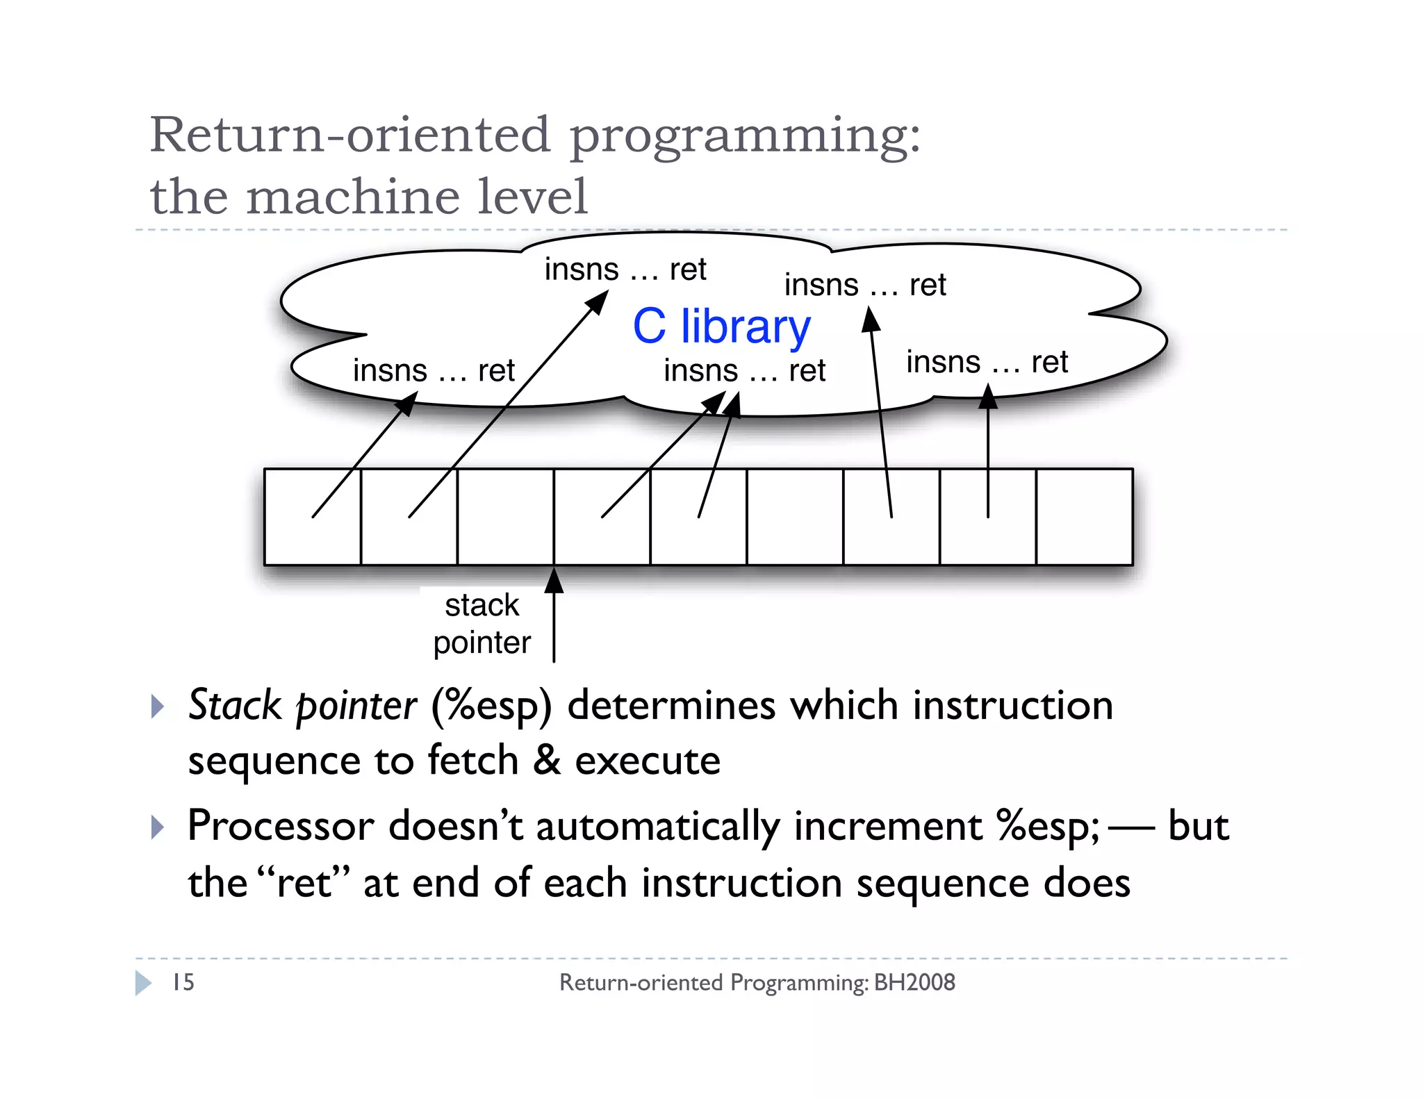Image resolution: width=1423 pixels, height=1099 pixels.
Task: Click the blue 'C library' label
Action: point(721,327)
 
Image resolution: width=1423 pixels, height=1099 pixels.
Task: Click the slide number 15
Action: point(183,982)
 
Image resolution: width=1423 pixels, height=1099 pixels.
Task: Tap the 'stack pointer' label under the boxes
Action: point(482,624)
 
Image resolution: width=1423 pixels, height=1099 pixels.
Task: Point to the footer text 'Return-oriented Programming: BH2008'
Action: point(757,982)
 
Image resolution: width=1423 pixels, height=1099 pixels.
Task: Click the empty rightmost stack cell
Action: point(1084,517)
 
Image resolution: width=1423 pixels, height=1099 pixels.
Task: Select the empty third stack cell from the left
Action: point(505,517)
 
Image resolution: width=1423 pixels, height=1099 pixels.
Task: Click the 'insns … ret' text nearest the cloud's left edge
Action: point(434,371)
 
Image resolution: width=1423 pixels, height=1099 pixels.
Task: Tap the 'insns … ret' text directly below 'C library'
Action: point(744,371)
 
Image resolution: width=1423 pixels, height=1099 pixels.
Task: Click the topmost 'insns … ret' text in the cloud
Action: point(625,270)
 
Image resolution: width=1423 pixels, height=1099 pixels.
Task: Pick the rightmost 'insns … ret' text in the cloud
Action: point(987,363)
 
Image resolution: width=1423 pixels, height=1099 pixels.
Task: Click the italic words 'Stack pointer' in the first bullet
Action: point(302,706)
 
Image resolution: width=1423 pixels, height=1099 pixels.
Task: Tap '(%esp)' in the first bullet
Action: point(491,706)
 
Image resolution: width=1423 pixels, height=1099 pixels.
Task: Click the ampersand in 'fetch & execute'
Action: point(547,761)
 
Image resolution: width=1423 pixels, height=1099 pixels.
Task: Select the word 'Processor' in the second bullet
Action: point(281,827)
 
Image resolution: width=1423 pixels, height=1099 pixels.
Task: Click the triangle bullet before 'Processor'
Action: point(158,827)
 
